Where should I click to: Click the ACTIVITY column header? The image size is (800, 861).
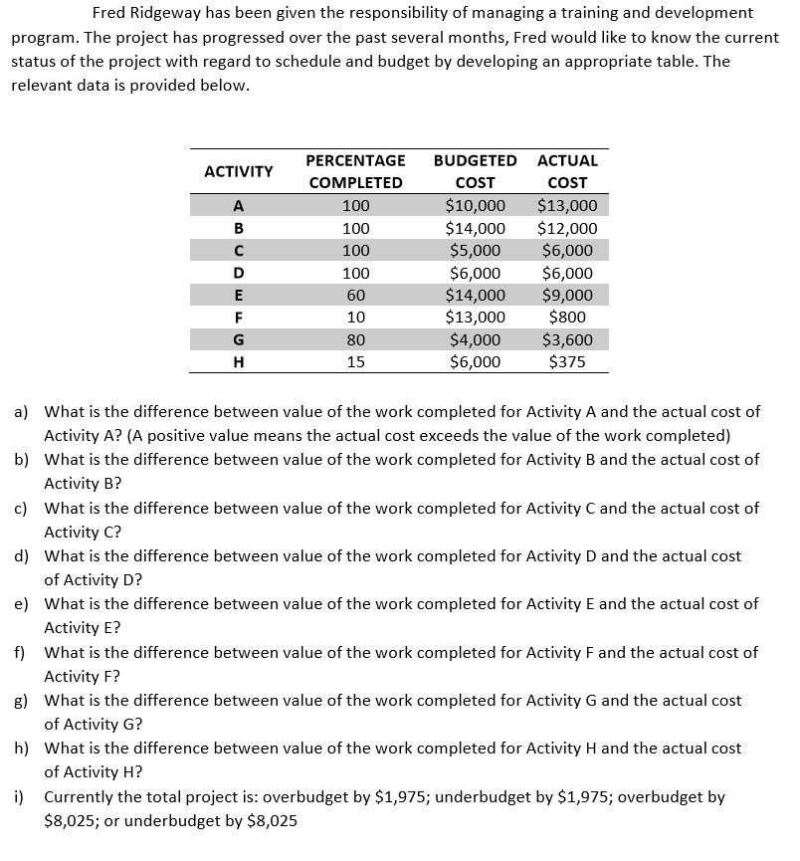click(238, 171)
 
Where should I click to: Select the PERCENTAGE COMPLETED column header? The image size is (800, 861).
click(355, 171)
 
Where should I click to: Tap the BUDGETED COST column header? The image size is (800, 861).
click(476, 171)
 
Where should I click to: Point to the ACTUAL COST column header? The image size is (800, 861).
click(567, 171)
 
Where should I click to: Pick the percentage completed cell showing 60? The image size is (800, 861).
click(355, 296)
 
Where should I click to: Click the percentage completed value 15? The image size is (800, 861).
click(355, 362)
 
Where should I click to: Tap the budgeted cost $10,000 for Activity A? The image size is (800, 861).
click(475, 207)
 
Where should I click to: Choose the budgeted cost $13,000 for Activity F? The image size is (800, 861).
click(475, 318)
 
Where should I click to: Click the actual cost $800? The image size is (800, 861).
click(567, 318)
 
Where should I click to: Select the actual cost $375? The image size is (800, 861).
click(567, 362)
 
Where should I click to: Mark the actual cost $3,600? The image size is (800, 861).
click(567, 340)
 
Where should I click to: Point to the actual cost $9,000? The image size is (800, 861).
click(567, 296)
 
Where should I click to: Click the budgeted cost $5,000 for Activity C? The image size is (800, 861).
click(475, 251)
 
